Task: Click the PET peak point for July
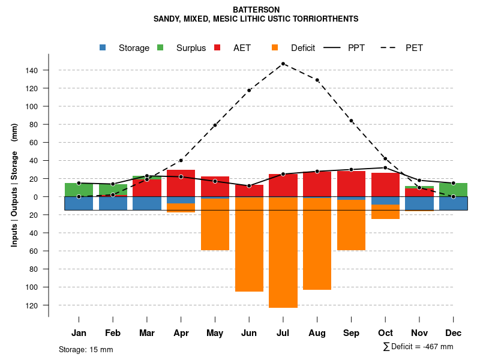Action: click(283, 64)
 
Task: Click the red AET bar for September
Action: click(352, 184)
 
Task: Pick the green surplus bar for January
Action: click(79, 190)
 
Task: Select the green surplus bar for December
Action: click(454, 190)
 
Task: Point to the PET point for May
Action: click(215, 125)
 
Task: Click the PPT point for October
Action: click(385, 168)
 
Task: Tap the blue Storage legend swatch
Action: click(103, 48)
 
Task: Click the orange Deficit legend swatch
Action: click(275, 48)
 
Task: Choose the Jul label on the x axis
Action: click(283, 333)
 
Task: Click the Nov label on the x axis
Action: click(419, 333)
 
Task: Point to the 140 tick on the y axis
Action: click(32, 71)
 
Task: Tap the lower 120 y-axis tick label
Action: click(32, 305)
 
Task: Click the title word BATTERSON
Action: click(256, 10)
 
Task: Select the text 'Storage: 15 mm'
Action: click(86, 349)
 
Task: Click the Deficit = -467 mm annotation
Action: click(418, 346)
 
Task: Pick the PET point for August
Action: click(317, 80)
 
